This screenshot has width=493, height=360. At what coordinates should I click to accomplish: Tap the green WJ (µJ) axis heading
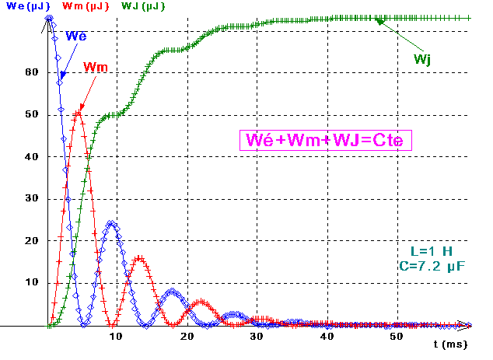point(144,7)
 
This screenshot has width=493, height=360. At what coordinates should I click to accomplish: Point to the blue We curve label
point(76,36)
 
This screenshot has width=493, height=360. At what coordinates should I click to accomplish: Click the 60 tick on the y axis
point(31,72)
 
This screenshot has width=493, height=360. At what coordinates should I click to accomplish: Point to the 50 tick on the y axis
point(31,114)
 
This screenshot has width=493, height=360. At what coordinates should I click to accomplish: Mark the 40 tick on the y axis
point(31,156)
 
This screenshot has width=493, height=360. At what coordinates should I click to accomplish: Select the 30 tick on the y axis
point(31,198)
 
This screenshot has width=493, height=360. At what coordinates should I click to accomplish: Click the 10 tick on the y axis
point(31,282)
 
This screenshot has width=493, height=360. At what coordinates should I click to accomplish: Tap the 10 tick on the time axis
point(115,336)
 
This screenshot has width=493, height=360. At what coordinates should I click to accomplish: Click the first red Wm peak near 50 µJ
point(78,114)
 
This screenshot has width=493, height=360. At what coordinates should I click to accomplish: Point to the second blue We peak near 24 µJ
point(113,224)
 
